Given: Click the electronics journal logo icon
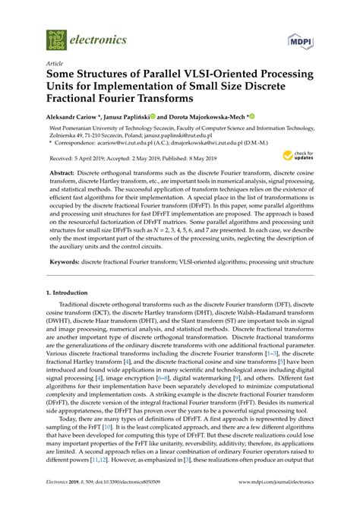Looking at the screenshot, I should pos(56,39).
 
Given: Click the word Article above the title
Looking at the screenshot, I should pos(55,64).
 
